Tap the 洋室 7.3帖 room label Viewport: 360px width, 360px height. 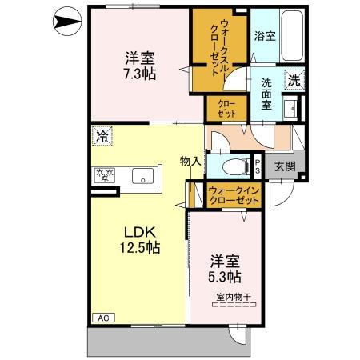click(x=140, y=66)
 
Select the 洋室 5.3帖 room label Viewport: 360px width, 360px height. click(x=225, y=269)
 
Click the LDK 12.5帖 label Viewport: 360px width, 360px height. click(x=140, y=240)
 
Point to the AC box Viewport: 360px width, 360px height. click(x=103, y=318)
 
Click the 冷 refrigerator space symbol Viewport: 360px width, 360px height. click(x=102, y=136)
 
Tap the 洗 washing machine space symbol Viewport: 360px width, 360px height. click(x=294, y=79)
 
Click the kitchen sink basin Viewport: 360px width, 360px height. click(x=142, y=176)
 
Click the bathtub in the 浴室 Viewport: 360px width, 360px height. click(x=292, y=35)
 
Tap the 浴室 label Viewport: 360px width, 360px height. click(x=265, y=36)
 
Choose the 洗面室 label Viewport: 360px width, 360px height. click(x=266, y=94)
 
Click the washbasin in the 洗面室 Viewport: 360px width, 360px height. click(x=290, y=109)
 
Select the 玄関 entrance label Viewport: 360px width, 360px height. click(x=285, y=166)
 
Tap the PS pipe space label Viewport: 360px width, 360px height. click(x=258, y=167)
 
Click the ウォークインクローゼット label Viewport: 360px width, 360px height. click(x=234, y=195)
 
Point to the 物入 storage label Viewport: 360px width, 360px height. click(x=190, y=161)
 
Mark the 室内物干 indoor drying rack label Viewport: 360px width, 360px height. click(x=234, y=297)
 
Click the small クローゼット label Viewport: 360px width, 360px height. click(x=226, y=109)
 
